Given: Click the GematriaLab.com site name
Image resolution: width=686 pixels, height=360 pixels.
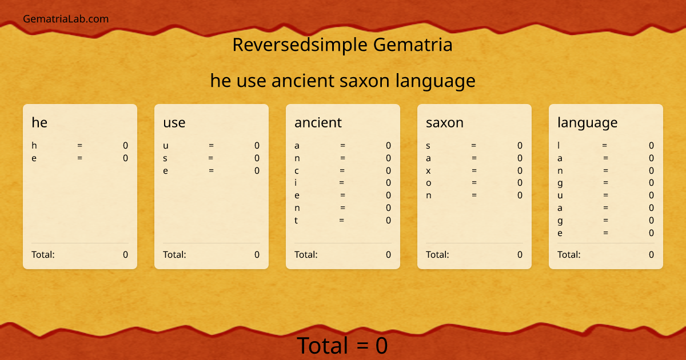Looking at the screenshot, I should click(x=66, y=19).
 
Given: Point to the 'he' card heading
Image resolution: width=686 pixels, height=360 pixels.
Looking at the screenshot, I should click(x=39, y=122).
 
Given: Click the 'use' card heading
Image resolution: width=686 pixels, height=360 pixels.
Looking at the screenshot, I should click(x=174, y=122).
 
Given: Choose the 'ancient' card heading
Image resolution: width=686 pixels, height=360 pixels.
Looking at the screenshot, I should click(x=318, y=122).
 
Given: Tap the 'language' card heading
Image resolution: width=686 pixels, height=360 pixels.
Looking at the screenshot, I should click(x=587, y=122).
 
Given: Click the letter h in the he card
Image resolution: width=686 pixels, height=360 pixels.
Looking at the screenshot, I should click(x=34, y=146).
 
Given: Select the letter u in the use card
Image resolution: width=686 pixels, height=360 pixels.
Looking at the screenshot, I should click(x=165, y=146).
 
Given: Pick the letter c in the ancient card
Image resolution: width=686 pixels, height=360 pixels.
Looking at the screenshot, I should click(x=297, y=171).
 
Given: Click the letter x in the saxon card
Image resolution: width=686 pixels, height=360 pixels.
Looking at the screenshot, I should click(x=428, y=171).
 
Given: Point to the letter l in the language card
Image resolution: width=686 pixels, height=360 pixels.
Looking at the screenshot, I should click(x=559, y=146).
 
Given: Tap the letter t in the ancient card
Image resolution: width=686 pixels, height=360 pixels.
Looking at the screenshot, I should click(x=296, y=221).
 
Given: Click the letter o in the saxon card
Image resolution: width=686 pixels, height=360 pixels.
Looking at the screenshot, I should click(x=428, y=183).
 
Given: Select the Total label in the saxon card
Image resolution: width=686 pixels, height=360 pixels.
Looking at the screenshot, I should click(x=437, y=255).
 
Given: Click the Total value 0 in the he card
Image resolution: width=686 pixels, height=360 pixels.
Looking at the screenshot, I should click(x=126, y=255).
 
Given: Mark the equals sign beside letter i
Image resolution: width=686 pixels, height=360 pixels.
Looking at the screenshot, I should click(x=341, y=183).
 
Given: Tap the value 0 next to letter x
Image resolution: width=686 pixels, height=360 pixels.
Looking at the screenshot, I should click(x=520, y=171).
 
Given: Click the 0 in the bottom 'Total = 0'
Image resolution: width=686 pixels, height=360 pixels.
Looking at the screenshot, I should click(x=381, y=346).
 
